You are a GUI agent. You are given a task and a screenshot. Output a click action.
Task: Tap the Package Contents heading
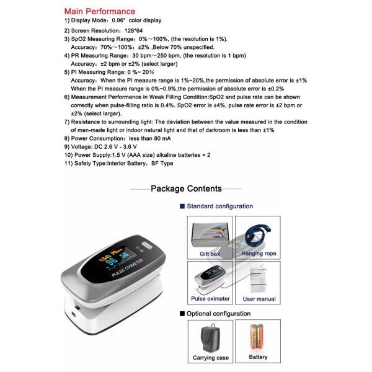click(x=186, y=188)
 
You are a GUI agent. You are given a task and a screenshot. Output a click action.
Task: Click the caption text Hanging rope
click(x=259, y=254)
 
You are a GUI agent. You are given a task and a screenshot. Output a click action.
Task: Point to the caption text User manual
click(x=259, y=299)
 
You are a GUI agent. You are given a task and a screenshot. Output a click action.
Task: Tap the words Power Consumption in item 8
click(x=96, y=139)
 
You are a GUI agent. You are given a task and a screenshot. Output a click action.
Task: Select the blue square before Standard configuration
click(x=182, y=206)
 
